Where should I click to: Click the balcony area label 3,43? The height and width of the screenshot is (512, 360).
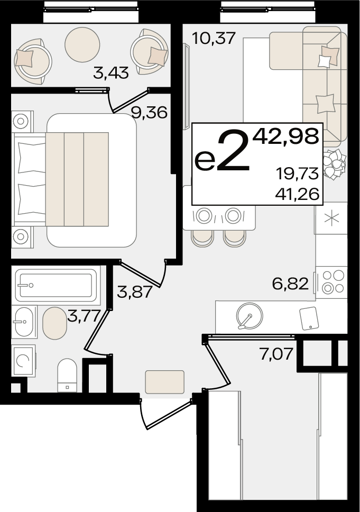pos(111,72)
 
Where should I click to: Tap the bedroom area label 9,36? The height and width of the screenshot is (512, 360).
pos(149,113)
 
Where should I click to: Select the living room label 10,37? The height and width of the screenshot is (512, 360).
pos(214,38)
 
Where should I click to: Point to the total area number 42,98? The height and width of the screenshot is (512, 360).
pos(286,136)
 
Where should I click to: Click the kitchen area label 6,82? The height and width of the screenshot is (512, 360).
pos(290,284)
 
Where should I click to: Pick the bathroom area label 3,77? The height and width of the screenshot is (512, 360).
pos(84,316)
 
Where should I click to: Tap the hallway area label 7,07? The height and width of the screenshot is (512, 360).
pos(276,354)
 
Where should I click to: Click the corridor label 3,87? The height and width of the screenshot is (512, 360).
pos(135,291)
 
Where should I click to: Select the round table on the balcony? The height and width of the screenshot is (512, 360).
pos(82,44)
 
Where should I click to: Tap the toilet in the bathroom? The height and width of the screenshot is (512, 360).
pos(67,376)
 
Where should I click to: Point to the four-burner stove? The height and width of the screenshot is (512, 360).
pos(332,282)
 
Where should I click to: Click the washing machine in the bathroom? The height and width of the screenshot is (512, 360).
pos(23,361)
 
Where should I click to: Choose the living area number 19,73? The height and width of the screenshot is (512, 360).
pos(297,173)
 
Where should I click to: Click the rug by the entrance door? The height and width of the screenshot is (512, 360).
pos(165,382)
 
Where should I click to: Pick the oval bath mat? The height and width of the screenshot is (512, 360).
pos(54,323)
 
